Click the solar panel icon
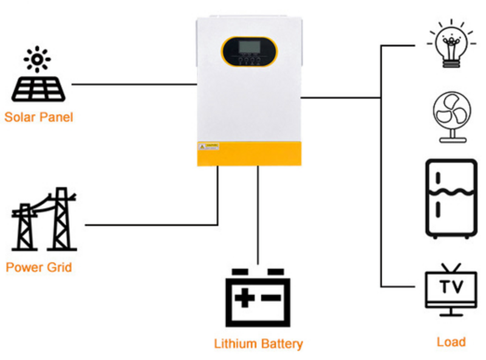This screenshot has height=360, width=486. [38, 88]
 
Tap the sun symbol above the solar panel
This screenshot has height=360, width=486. [37, 59]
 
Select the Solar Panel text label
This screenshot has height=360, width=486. [38, 117]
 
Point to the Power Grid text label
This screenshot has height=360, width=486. [39, 267]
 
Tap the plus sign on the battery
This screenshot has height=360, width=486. [245, 299]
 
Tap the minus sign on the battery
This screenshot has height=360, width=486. [272, 299]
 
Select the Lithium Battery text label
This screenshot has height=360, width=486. [258, 344]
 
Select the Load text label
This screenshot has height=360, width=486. [451, 342]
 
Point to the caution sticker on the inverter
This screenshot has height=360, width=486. [209, 147]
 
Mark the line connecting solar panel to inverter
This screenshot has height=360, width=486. [134, 84]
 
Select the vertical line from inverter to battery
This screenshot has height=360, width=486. [258, 213]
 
